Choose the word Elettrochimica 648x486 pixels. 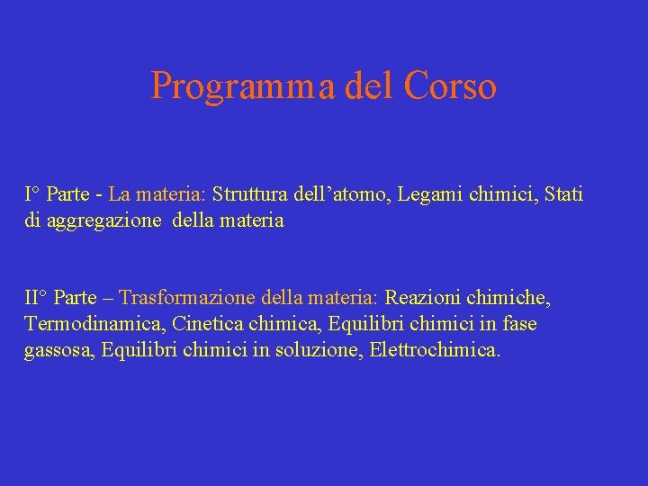435,349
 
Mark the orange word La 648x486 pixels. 120,193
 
